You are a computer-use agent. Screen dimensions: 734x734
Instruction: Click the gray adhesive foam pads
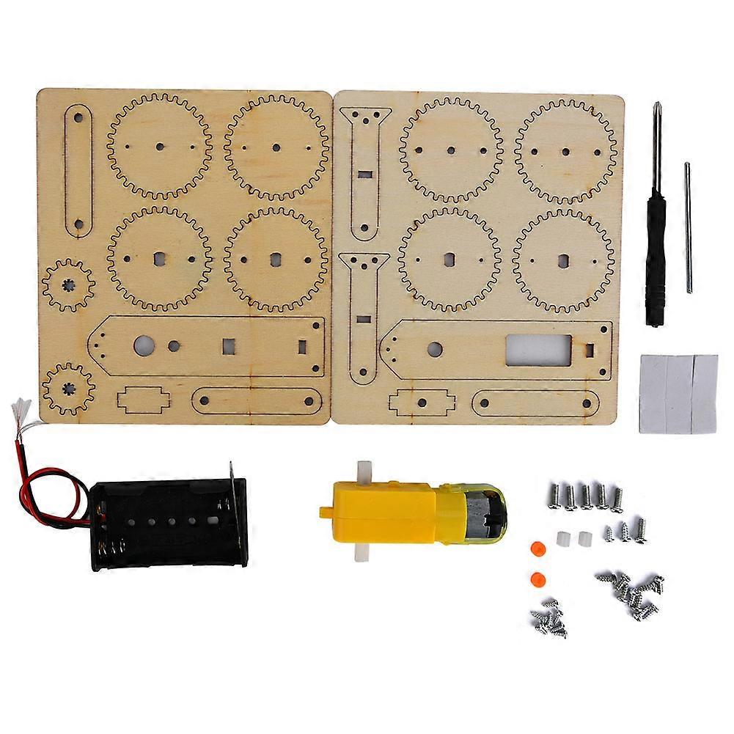678,392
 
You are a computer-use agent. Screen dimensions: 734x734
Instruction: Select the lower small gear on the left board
68,384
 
